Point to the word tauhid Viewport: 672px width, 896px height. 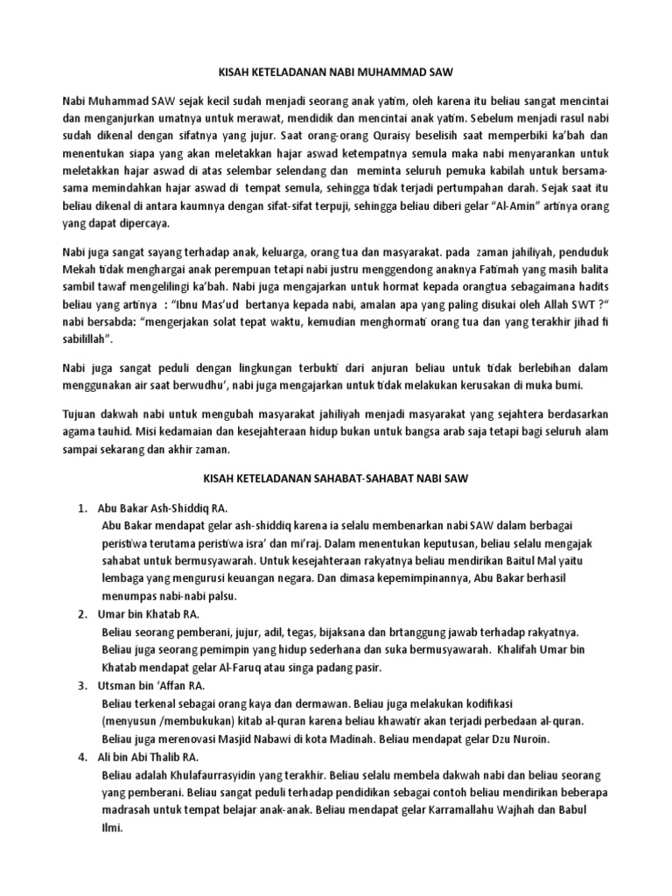click(x=128, y=432)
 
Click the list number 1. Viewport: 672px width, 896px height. click(x=81, y=508)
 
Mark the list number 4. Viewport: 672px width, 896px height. click(x=81, y=757)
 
